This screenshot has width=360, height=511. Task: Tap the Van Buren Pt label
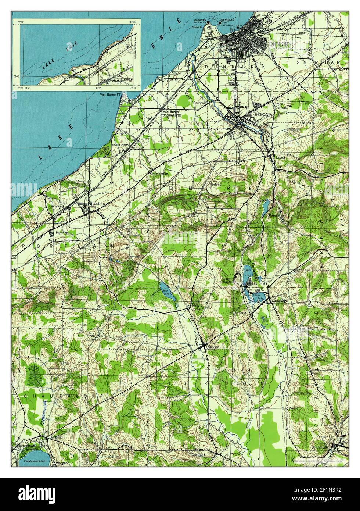[x=111, y=94]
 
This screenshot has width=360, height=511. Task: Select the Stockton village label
[x=213, y=347]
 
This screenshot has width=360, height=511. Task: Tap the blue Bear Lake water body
[x=167, y=290]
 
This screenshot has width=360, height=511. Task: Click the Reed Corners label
[x=281, y=106]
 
